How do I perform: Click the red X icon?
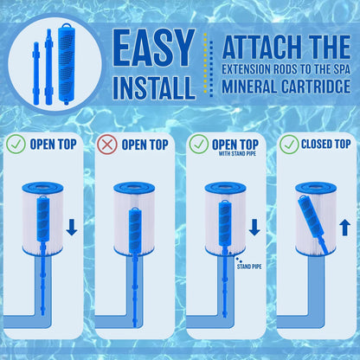[108, 144]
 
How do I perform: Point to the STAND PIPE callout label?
[248, 266]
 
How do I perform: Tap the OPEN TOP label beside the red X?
[145, 144]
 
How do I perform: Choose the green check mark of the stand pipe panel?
[198, 144]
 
